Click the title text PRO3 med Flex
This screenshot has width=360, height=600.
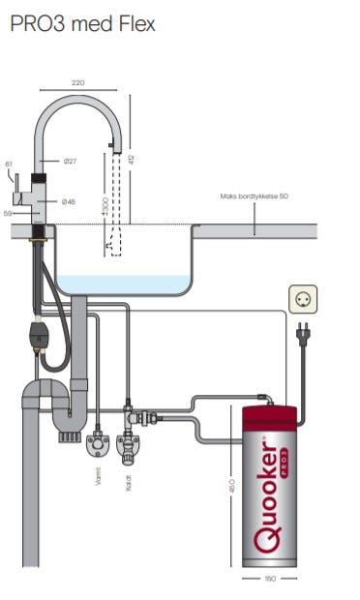tap(82, 24)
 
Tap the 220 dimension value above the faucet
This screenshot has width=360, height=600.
tap(78, 82)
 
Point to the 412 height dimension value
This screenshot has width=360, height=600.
tap(132, 160)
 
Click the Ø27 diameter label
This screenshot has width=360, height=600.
tap(71, 161)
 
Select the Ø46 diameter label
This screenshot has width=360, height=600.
tap(69, 201)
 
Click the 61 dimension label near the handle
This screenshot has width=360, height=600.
tap(9, 165)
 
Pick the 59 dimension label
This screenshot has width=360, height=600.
tap(8, 214)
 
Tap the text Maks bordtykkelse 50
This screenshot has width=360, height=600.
tap(254, 196)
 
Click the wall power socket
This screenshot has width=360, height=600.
tap(303, 299)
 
